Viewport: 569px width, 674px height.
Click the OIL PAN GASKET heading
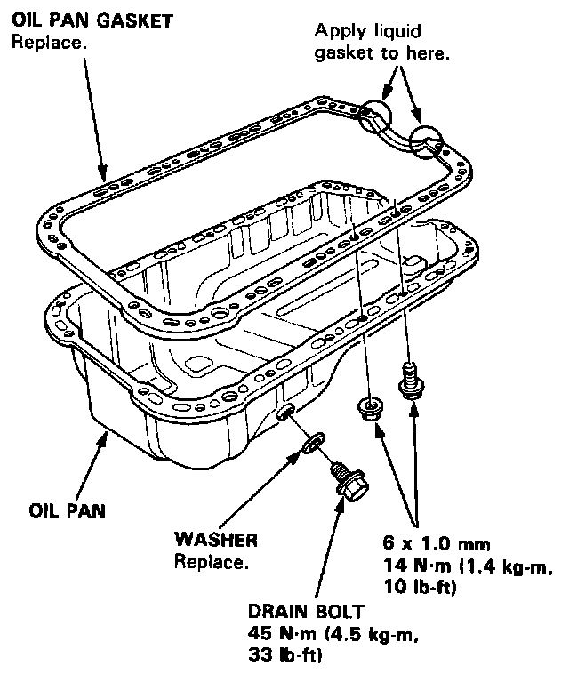point(92,20)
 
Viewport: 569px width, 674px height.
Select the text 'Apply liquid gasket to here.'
point(382,42)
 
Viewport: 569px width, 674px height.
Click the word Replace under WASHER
point(212,561)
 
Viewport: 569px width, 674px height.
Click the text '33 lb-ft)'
point(286,656)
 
